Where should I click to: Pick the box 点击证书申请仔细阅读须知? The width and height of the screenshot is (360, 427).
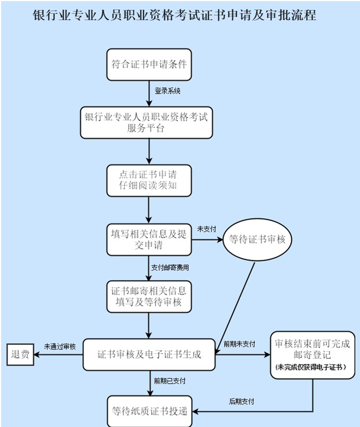tap(148, 180)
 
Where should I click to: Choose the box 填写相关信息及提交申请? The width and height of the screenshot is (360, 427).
tap(148, 239)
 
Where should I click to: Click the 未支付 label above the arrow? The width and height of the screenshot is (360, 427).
tap(206, 229)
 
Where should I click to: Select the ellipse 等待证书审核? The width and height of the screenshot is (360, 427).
tap(257, 239)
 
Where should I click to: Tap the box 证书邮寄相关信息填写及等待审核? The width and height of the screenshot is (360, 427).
tap(148, 297)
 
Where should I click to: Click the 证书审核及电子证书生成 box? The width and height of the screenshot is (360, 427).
tap(149, 355)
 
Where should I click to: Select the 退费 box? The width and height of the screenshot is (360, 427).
tap(19, 355)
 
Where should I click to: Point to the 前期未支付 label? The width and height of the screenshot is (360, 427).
tap(239, 344)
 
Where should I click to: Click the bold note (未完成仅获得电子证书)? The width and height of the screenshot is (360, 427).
tap(311, 367)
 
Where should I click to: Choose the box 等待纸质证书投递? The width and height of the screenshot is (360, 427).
tap(149, 411)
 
